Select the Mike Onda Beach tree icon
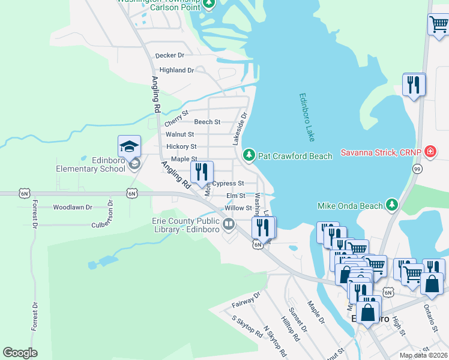(392, 206)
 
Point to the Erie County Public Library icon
(228, 225)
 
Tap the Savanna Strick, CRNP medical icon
(430, 151)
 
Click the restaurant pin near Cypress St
(202, 173)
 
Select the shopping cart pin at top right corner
(438, 25)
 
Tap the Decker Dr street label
(169, 56)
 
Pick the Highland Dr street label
(176, 70)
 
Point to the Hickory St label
(181, 146)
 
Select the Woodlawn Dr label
(72, 207)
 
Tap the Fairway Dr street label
(246, 300)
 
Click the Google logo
(20, 353)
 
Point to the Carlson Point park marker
(208, 4)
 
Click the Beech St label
(206, 122)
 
